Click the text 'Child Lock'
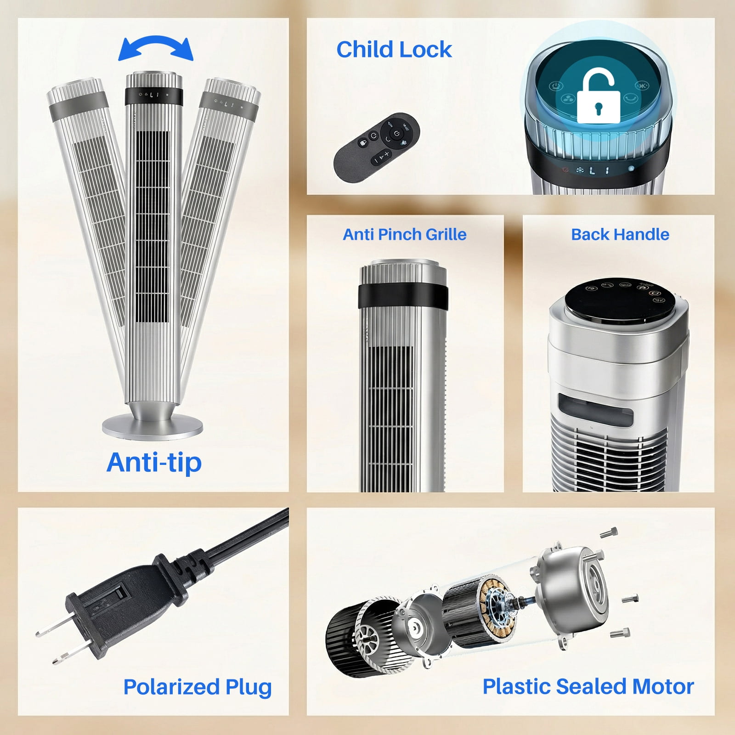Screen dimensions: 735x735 pyautogui.click(x=394, y=50)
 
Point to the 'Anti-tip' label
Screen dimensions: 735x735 pyautogui.click(x=154, y=462)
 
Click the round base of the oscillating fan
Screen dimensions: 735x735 pyautogui.click(x=152, y=425)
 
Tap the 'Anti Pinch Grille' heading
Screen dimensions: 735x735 pyautogui.click(x=405, y=234)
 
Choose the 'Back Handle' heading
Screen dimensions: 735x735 pyautogui.click(x=620, y=234)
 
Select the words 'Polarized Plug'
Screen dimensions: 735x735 pyautogui.click(x=198, y=687)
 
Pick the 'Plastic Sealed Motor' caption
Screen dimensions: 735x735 pyautogui.click(x=588, y=687)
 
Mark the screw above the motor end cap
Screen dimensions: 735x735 pyautogui.click(x=609, y=533)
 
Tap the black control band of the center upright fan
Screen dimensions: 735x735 pyautogui.click(x=154, y=95)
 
